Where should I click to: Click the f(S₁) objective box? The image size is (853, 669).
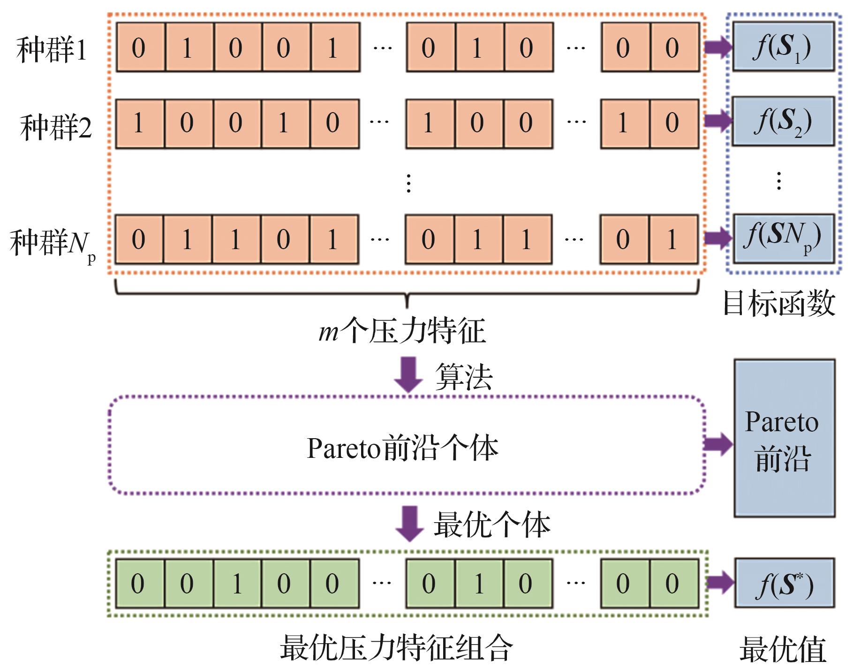click(x=783, y=47)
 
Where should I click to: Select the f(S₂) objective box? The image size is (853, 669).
click(x=783, y=121)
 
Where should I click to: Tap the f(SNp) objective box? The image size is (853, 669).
click(x=783, y=237)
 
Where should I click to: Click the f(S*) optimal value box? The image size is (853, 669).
click(x=784, y=583)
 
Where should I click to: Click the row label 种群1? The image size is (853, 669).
click(x=52, y=49)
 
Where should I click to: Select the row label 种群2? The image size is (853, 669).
click(x=55, y=127)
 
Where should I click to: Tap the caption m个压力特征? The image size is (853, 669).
click(x=402, y=331)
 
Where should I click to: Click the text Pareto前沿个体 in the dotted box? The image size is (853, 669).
click(x=402, y=448)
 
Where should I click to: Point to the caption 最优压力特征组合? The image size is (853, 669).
click(x=396, y=648)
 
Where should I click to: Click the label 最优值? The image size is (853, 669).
click(x=783, y=650)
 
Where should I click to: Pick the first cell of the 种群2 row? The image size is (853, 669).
click(x=139, y=123)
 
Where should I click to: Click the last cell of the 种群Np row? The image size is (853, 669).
click(x=673, y=240)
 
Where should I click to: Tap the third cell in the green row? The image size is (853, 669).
click(x=237, y=584)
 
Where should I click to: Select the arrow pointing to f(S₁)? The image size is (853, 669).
click(x=717, y=47)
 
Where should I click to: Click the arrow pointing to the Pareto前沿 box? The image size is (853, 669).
click(x=718, y=444)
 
